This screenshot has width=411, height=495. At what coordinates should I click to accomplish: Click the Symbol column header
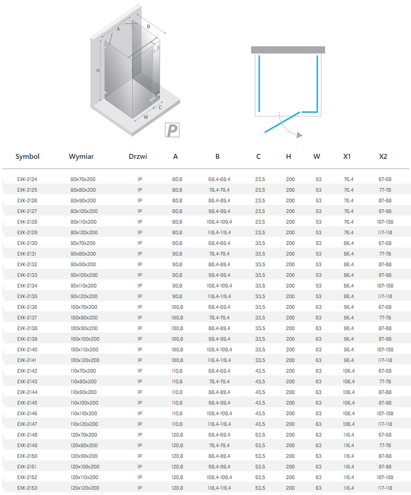coord(27,157)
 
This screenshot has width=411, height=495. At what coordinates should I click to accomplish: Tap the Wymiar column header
coord(81,157)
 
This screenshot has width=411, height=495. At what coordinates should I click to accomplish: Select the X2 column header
coord(383,157)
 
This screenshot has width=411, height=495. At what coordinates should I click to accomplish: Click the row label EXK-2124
coord(27,179)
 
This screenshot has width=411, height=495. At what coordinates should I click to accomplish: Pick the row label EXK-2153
coord(27,488)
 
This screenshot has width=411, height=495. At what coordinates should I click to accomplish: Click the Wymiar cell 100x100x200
coord(85,339)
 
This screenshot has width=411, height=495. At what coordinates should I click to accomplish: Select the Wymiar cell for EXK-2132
coord(83,265)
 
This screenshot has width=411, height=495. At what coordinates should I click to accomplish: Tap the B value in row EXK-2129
coord(219,233)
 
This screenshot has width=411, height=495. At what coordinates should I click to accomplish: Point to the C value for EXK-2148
coord(260,435)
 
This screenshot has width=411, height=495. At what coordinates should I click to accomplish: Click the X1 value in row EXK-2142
coord(349,371)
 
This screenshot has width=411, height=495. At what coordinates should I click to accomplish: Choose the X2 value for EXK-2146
coord(385,414)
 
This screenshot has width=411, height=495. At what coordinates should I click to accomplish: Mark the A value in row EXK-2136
coord(177,307)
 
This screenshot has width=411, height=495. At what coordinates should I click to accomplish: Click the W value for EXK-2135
coord(319,297)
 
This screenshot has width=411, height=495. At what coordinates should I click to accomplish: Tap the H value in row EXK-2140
coord(290,350)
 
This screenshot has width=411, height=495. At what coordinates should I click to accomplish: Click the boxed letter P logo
coord(172,130)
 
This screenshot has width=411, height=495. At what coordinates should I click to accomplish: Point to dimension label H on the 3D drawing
coord(98,71)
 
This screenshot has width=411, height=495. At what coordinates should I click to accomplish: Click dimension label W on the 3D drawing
coord(146,117)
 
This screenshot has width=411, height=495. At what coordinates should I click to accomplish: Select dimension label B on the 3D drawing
coord(149,27)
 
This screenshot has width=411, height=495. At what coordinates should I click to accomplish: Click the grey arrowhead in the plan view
coord(299,135)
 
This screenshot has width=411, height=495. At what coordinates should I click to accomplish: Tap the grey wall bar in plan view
coord(288,50)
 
